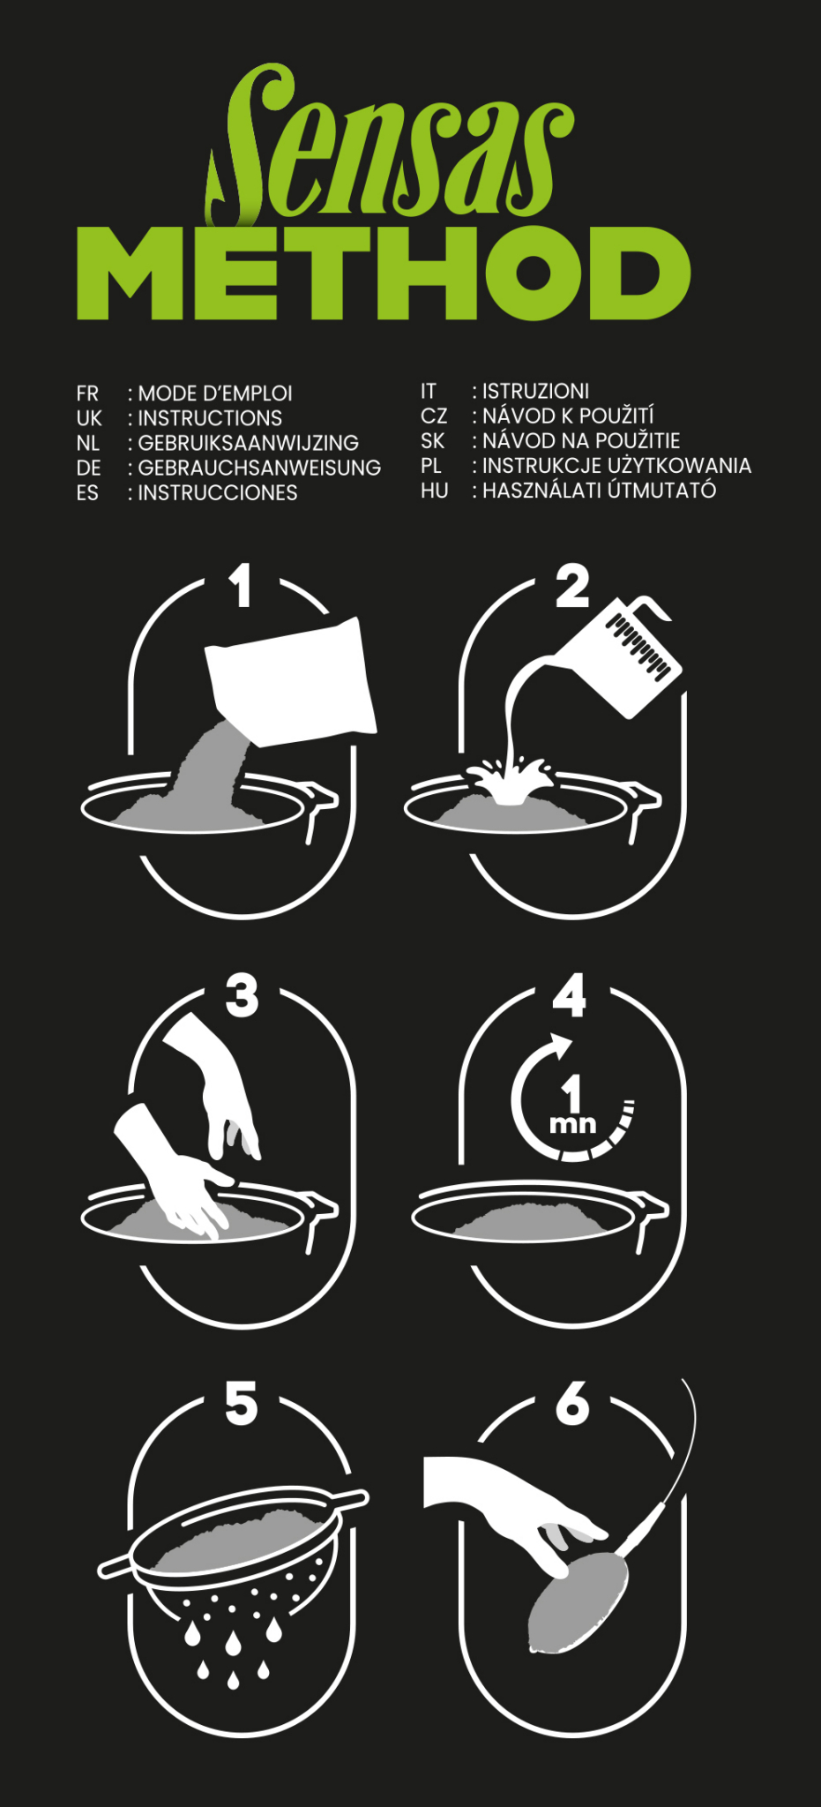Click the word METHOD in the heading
coord(384,274)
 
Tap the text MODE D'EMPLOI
coord(215,394)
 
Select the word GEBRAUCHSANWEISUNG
coord(259,468)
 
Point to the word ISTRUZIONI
coord(535,391)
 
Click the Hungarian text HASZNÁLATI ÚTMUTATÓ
coord(599,490)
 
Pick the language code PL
coord(431,465)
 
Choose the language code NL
coord(88,443)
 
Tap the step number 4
coord(570,995)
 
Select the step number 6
coord(572,1403)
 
